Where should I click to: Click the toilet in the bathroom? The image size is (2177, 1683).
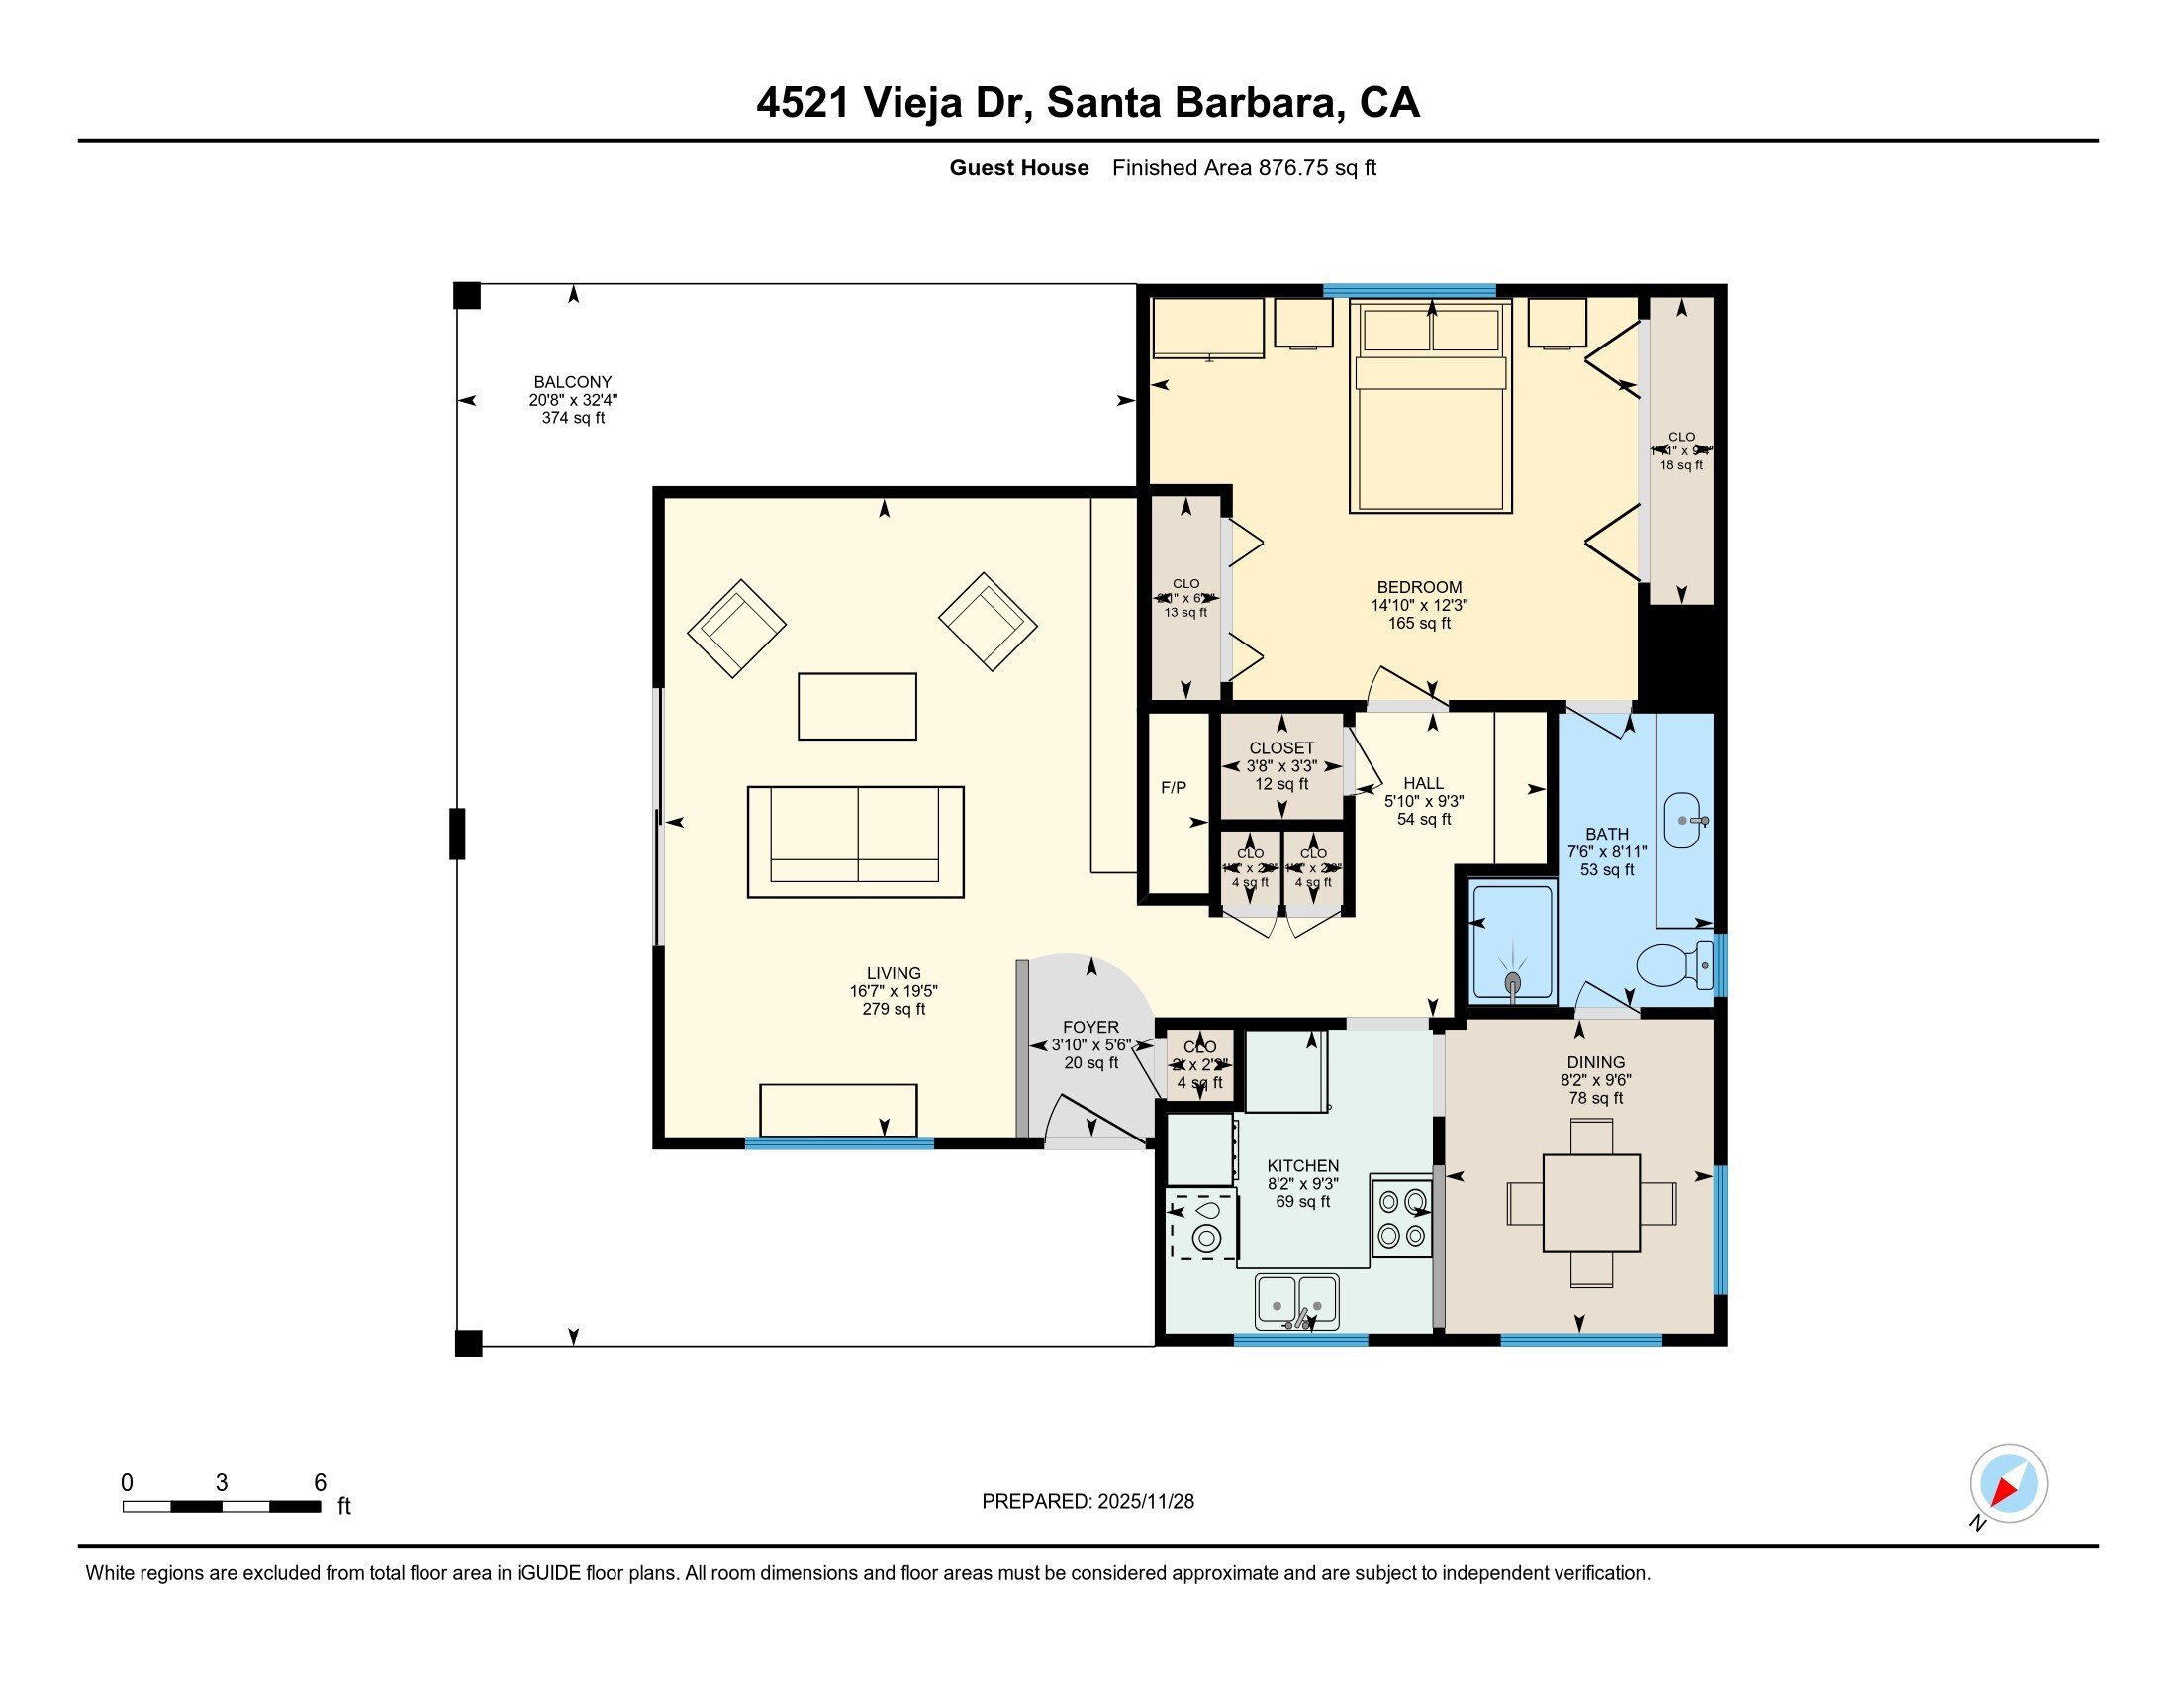point(1670,965)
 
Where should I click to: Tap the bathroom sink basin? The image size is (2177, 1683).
point(1682,821)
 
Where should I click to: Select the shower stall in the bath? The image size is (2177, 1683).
point(1512,942)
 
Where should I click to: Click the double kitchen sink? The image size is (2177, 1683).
point(1297,1302)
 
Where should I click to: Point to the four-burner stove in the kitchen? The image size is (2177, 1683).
point(1401,1220)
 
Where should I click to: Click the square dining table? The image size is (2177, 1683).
point(1591,1203)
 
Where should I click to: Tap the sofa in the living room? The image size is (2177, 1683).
point(855,841)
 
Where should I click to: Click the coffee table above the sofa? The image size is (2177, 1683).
point(857,706)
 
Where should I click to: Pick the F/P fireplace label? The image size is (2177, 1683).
point(1174,788)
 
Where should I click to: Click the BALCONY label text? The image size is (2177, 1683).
point(572,382)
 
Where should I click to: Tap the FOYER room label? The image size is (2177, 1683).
point(1090,1026)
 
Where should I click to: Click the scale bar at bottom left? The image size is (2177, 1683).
point(222,1506)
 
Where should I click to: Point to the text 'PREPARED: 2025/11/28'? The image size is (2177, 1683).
point(1088,1502)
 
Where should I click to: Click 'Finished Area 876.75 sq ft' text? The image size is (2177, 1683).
point(1244,168)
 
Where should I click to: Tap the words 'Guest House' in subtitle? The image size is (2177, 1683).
point(1018,168)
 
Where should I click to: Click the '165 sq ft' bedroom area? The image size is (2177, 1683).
point(1418,623)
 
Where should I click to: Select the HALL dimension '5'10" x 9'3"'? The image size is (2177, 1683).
point(1423,801)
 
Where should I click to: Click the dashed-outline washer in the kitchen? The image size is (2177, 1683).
point(1205,1228)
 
